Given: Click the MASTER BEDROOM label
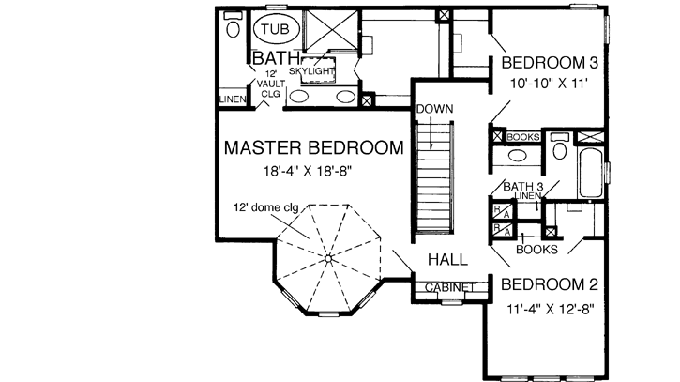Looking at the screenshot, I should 311,146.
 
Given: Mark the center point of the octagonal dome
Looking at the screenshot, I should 329,255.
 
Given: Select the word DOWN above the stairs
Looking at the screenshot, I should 434,108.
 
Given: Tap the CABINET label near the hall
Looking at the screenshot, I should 449,286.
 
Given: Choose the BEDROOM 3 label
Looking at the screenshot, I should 549,63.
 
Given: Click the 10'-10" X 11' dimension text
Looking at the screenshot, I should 549,84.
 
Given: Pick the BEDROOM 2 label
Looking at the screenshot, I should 549,283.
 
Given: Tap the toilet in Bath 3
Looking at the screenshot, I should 559,149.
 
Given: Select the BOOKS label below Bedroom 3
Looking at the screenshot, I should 522,137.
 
